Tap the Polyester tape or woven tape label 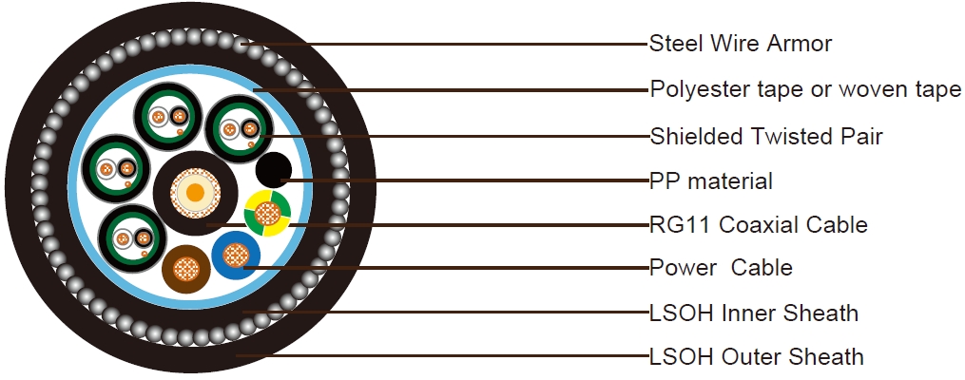coord(805,90)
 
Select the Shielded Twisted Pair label coord(766,137)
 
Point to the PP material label coord(711,180)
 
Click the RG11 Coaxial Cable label coord(759,225)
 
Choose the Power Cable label coord(721,268)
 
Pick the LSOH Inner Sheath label coord(754,313)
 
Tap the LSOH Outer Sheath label coord(757,357)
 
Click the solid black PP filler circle coord(274,170)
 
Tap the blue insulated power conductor coord(236,256)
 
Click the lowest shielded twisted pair coord(131,234)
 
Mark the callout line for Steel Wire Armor coord(447,44)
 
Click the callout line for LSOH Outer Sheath coord(447,357)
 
